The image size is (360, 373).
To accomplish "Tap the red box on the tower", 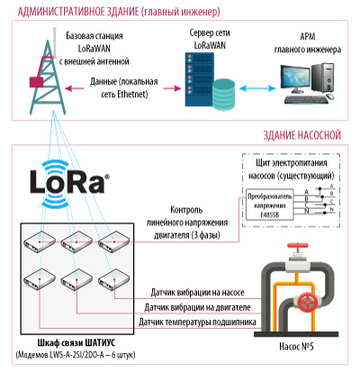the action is coord(36,82).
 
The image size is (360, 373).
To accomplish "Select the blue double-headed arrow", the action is coord(257,88).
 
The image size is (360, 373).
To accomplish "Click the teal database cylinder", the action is coord(223,94).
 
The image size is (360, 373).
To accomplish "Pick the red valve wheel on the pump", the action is coord(308,302).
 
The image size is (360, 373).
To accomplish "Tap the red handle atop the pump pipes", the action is coord(298,246).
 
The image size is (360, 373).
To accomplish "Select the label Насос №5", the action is coord(296,346).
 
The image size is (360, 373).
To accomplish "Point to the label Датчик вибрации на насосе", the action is coord(197,292).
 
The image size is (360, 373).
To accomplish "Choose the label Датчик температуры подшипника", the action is coord(197,323).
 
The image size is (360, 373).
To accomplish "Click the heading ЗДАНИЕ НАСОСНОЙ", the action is coord(302,135).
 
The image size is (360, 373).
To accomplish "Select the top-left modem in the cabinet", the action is coord(40,241).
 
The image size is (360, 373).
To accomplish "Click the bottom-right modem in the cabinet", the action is coord(114,279).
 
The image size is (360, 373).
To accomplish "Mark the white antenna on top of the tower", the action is coord(55,42).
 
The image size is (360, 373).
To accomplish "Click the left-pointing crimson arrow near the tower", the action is coord(75,88).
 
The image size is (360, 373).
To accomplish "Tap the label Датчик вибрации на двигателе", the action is coord(197,307).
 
